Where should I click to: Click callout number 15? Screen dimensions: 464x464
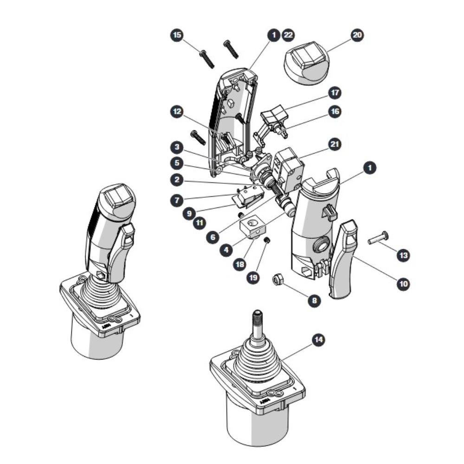coord(177,35)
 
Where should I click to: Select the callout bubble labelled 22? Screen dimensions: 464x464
coord(288,35)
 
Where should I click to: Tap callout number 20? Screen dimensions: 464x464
coord(357,35)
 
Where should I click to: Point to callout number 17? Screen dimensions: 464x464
coord(335,93)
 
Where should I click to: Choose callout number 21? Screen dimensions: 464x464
coord(335,144)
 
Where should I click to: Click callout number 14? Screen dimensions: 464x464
coord(318,340)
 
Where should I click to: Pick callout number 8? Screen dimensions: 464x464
coord(314,301)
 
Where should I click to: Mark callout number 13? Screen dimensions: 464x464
coord(404,255)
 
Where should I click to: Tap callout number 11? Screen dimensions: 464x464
coord(200,223)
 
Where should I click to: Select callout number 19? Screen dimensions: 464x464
coord(253,277)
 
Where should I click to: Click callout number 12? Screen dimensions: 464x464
coord(177,112)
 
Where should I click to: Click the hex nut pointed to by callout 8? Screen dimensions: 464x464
coord(278,280)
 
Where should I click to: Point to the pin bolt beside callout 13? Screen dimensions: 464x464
coord(378,238)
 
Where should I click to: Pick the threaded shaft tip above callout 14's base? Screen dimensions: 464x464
coord(258,320)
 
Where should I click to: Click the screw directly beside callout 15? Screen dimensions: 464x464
coord(207,59)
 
